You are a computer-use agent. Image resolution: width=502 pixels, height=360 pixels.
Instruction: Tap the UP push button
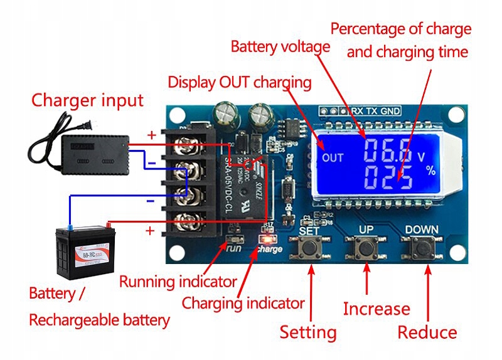point(367,248)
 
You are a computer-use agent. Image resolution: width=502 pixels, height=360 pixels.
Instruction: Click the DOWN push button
point(424,249)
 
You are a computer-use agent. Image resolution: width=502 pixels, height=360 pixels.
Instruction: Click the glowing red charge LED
point(266,239)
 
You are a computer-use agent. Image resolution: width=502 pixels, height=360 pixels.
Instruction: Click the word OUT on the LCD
point(333,157)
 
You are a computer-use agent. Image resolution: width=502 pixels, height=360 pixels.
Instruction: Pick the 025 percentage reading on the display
point(388,178)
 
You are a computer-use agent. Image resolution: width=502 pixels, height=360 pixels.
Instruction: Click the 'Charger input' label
point(87,100)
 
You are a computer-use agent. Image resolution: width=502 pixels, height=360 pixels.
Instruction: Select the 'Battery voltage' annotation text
point(280,46)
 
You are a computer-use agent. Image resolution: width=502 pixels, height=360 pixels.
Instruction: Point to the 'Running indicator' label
point(178,282)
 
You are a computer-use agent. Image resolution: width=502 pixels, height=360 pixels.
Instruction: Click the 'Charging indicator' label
point(243,304)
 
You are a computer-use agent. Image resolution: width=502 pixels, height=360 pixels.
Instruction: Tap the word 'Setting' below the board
point(307,332)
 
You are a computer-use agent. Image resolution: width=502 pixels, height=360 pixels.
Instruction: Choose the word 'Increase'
point(376,309)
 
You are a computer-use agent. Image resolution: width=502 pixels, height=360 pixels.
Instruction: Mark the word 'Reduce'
point(427,332)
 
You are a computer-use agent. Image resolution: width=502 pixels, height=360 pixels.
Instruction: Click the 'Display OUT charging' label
point(240,82)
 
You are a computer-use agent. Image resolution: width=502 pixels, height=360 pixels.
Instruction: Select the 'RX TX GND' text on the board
point(375,110)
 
